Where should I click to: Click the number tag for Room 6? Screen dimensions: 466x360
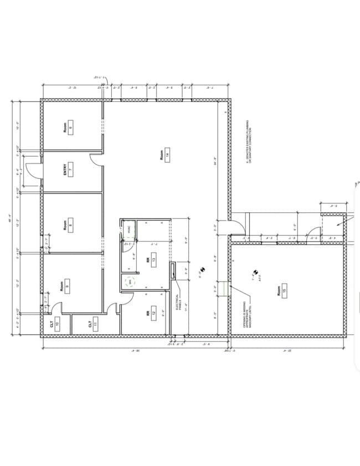(x=70, y=127)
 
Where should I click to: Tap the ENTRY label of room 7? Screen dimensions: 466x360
(x=65, y=168)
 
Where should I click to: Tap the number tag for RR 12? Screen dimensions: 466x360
(x=153, y=313)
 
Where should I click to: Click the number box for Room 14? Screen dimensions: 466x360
(x=167, y=156)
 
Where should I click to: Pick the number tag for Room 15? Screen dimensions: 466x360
(x=285, y=290)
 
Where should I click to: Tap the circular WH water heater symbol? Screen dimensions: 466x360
(x=130, y=281)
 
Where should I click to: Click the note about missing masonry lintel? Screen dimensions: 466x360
(x=246, y=316)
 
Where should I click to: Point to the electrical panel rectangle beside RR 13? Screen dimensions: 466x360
(x=173, y=270)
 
